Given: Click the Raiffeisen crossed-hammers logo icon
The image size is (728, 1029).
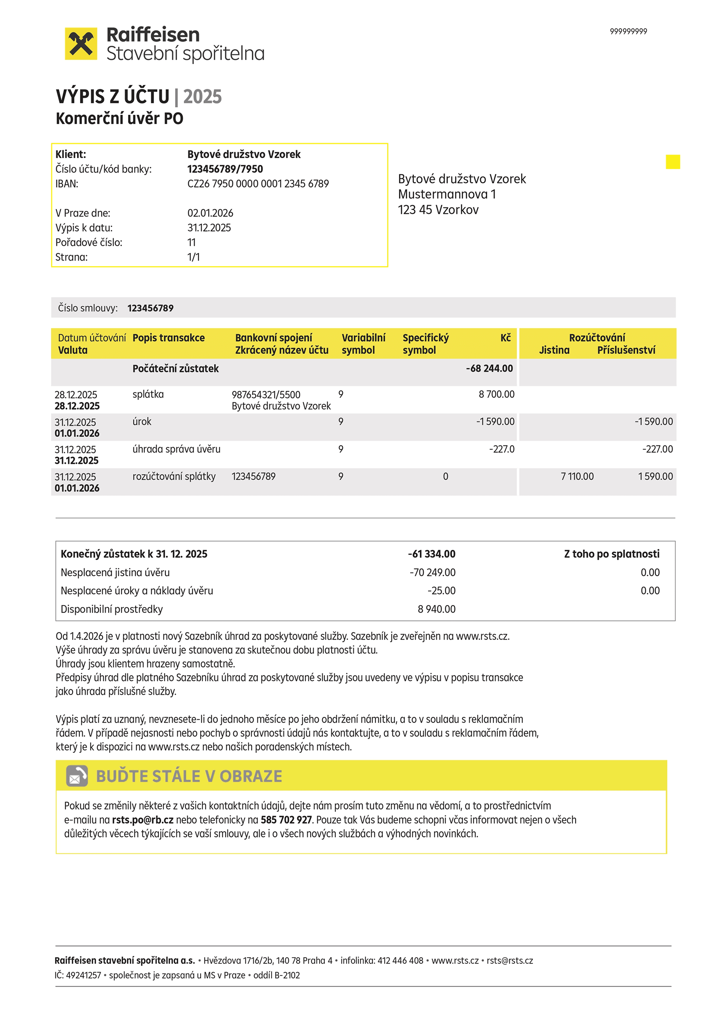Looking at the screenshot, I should pos(81,44).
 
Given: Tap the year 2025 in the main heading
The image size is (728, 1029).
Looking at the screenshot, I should pos(202,97).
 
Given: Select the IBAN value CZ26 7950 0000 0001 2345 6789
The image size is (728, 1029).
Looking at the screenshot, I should pos(258,184).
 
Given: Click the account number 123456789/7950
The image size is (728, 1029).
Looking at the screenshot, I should pos(225,169).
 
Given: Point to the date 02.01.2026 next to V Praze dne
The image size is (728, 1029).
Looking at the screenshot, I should pos(210,213).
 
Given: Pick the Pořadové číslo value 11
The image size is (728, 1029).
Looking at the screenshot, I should pos(191,243).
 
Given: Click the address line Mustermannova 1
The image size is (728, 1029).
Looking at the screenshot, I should pos(446,194).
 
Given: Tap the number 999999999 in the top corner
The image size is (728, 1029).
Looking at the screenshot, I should pos(628,31).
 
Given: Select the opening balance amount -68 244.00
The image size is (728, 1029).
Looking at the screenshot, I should pos(489,368).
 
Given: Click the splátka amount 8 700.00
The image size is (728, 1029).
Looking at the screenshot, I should pos(496,394).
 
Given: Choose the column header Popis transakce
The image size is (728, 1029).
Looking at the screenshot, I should pos(169,338).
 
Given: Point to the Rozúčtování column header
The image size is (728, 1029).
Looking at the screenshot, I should pos(597,338).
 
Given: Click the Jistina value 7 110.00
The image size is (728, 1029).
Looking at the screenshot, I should pos(577,476).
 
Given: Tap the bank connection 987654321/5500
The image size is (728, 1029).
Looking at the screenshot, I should pos(266,395).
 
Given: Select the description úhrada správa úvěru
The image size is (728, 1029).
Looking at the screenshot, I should pos(176,449).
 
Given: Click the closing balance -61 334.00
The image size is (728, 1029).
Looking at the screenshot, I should pos(431,554).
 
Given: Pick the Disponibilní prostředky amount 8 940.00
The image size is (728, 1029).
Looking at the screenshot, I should pos(436,609).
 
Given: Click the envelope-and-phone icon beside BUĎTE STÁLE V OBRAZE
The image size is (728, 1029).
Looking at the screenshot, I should pos(77,776).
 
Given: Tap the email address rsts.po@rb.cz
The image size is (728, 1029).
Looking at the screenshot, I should pos(143,820).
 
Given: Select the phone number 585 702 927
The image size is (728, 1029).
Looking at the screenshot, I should pos(286,820).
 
